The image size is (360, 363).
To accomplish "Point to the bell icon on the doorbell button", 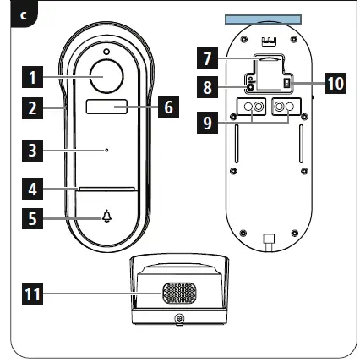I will pyautogui.click(x=106, y=217).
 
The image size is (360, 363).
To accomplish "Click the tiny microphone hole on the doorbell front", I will pyautogui.click(x=106, y=151).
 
